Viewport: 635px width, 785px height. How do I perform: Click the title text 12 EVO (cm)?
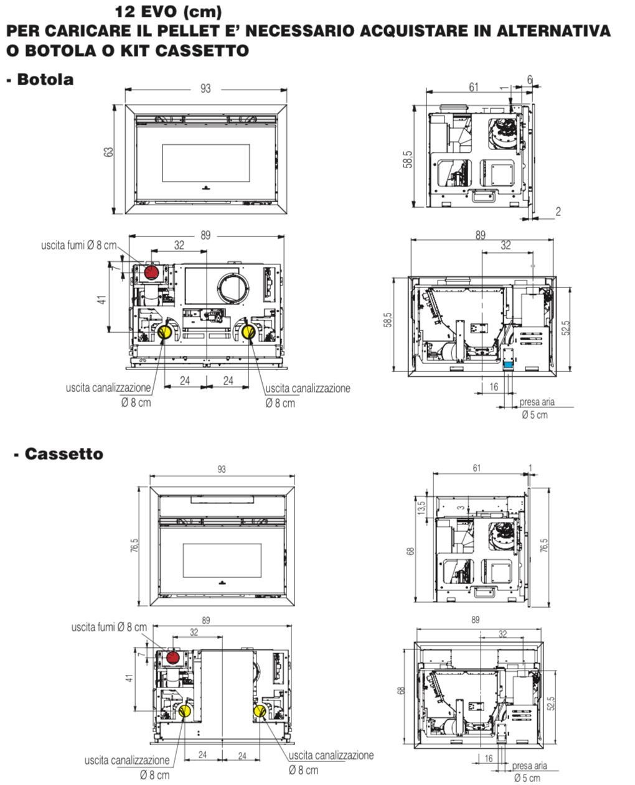169,12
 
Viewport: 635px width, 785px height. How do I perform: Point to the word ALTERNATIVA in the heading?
553,30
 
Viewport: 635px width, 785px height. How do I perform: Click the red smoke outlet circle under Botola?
151,272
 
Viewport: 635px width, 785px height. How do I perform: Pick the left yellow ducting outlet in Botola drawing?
164,332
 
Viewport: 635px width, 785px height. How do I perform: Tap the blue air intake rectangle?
508,365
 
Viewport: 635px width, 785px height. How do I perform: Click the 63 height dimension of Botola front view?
109,152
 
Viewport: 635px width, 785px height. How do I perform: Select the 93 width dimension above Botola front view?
206,88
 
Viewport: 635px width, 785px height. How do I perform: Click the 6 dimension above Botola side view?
530,80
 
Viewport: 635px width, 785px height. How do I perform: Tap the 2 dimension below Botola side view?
558,211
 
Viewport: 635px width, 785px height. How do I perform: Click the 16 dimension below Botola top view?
494,387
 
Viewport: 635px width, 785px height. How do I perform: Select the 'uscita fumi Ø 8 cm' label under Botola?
79,245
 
